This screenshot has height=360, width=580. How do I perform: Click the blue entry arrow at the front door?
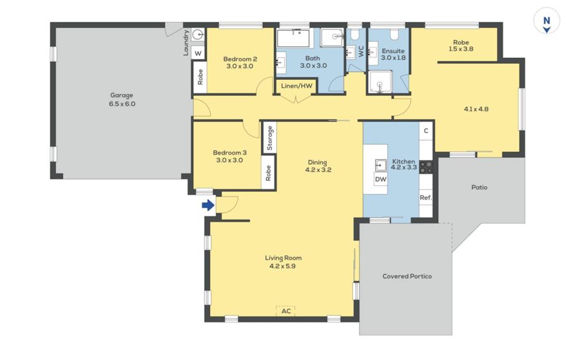[208, 205]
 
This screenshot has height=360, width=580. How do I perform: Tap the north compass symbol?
[546, 21]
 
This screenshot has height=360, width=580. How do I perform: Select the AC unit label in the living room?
[286, 311]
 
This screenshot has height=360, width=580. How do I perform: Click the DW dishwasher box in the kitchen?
[381, 179]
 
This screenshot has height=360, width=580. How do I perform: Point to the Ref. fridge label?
[425, 198]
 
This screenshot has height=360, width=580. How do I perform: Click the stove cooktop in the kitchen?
[426, 167]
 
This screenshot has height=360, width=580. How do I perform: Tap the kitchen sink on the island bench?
[381, 165]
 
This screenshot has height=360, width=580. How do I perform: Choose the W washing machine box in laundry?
[198, 53]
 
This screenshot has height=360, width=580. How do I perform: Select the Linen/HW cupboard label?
[296, 86]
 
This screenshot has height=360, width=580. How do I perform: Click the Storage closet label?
[269, 138]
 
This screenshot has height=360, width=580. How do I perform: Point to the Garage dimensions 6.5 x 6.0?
[122, 104]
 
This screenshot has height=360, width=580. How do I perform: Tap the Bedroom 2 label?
[240, 59]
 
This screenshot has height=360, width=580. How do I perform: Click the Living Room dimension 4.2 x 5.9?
[283, 266]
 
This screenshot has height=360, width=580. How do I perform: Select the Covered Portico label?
[407, 276]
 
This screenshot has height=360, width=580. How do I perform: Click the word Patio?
[479, 187]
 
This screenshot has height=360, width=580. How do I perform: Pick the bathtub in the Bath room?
[293, 38]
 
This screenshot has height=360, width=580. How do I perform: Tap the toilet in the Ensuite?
[394, 35]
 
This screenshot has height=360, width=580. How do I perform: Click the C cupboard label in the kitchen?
[426, 131]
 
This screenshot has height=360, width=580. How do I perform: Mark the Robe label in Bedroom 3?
[268, 173]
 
